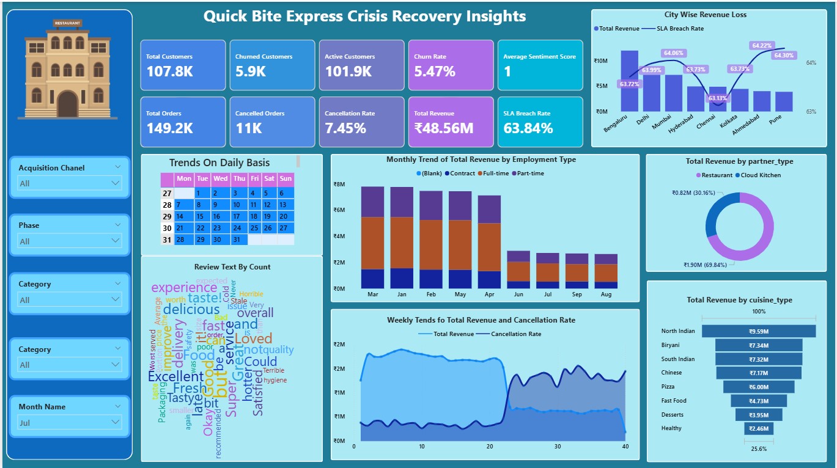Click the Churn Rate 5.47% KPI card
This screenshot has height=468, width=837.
tap(451, 65)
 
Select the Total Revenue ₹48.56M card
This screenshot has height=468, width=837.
tap(451, 122)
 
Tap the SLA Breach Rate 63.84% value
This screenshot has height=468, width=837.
tap(528, 128)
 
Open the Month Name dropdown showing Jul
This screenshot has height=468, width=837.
tap(69, 422)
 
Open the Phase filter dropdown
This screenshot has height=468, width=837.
tap(69, 241)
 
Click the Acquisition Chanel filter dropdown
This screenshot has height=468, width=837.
tap(69, 183)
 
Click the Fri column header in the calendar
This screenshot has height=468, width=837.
tap(254, 179)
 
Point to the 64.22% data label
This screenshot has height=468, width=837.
tap(762, 45)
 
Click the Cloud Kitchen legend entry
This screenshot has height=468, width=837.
tap(761, 175)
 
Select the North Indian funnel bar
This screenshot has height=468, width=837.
tap(758, 331)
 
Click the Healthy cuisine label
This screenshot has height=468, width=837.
tap(671, 428)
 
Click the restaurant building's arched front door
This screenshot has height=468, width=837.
tap(67, 104)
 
